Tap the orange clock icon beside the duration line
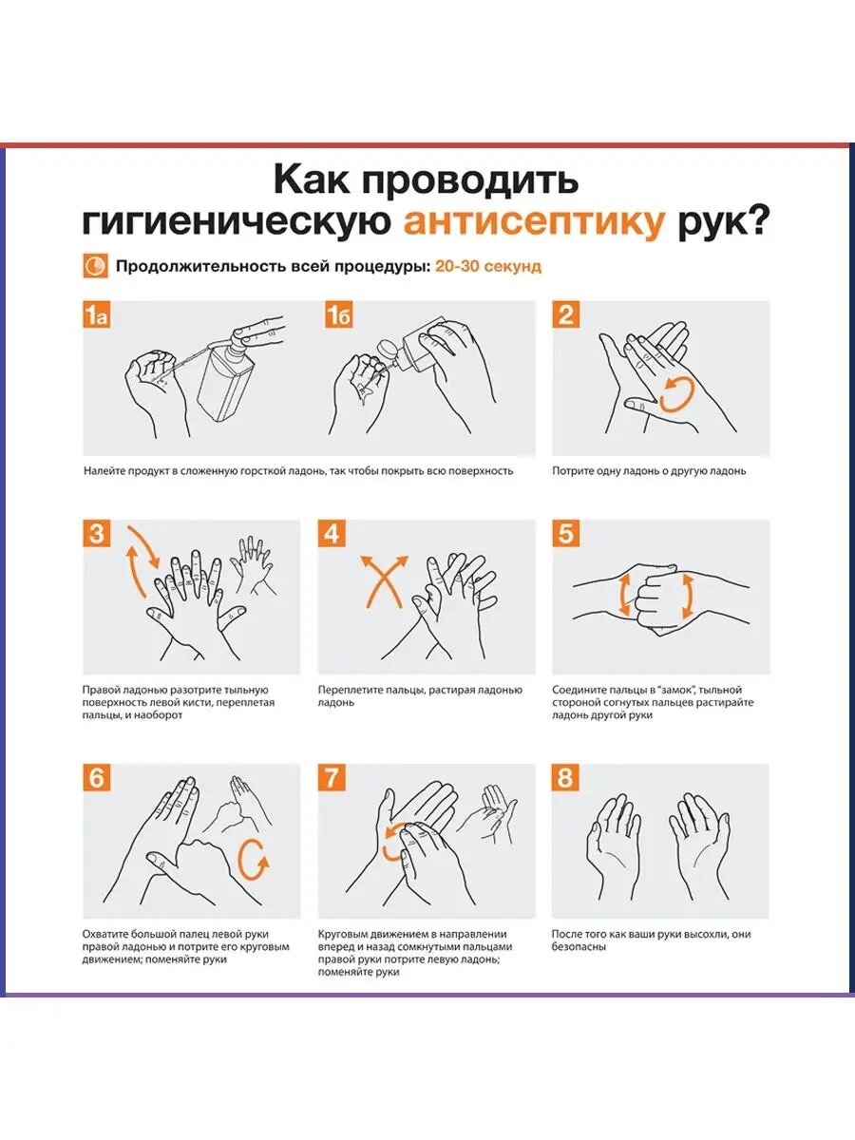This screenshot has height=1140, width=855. tap(96, 266)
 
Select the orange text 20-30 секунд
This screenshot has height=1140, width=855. tap(488, 266)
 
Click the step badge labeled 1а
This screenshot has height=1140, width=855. tap(97, 314)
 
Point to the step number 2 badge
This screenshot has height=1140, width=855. tap(566, 314)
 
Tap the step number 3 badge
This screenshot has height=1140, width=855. tap(97, 533)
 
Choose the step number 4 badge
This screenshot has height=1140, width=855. tap(332, 533)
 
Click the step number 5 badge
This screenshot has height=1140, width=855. tap(566, 533)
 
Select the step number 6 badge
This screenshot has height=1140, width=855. tap(97, 777)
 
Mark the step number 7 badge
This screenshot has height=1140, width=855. tap(332, 777)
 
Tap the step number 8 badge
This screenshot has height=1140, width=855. tap(566, 777)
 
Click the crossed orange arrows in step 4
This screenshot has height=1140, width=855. tap(385, 581)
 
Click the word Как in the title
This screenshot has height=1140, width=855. tap(314, 180)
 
